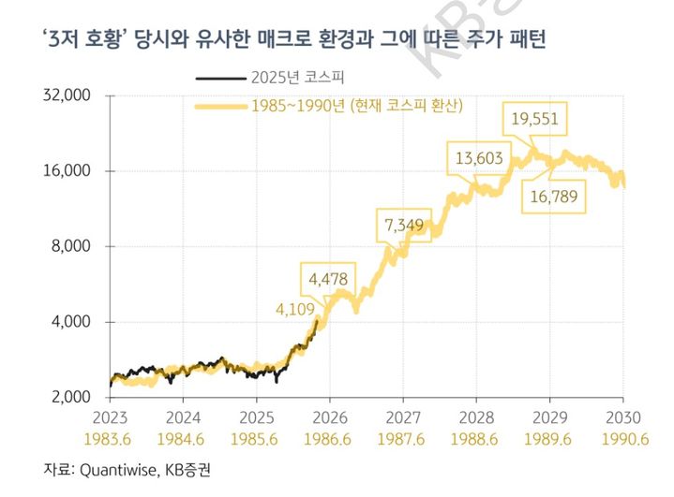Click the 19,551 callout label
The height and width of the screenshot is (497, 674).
(x=535, y=119)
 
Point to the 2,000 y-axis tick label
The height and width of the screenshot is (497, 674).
(x=67, y=397)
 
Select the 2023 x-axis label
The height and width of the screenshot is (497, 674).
(x=110, y=417)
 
